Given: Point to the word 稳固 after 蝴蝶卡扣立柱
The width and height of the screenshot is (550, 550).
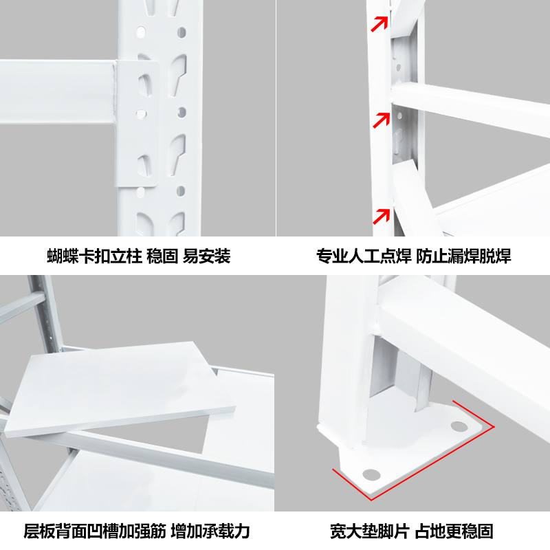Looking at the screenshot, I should [x=162, y=257].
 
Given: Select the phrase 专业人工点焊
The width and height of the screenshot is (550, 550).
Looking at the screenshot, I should [x=363, y=257].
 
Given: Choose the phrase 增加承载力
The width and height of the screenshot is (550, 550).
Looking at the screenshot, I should [x=210, y=531].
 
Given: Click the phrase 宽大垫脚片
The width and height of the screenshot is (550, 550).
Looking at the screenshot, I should [x=370, y=531].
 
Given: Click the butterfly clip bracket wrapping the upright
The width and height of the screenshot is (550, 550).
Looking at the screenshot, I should [x=142, y=124].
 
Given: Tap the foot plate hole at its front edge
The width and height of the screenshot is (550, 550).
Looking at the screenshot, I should [x=371, y=474].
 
